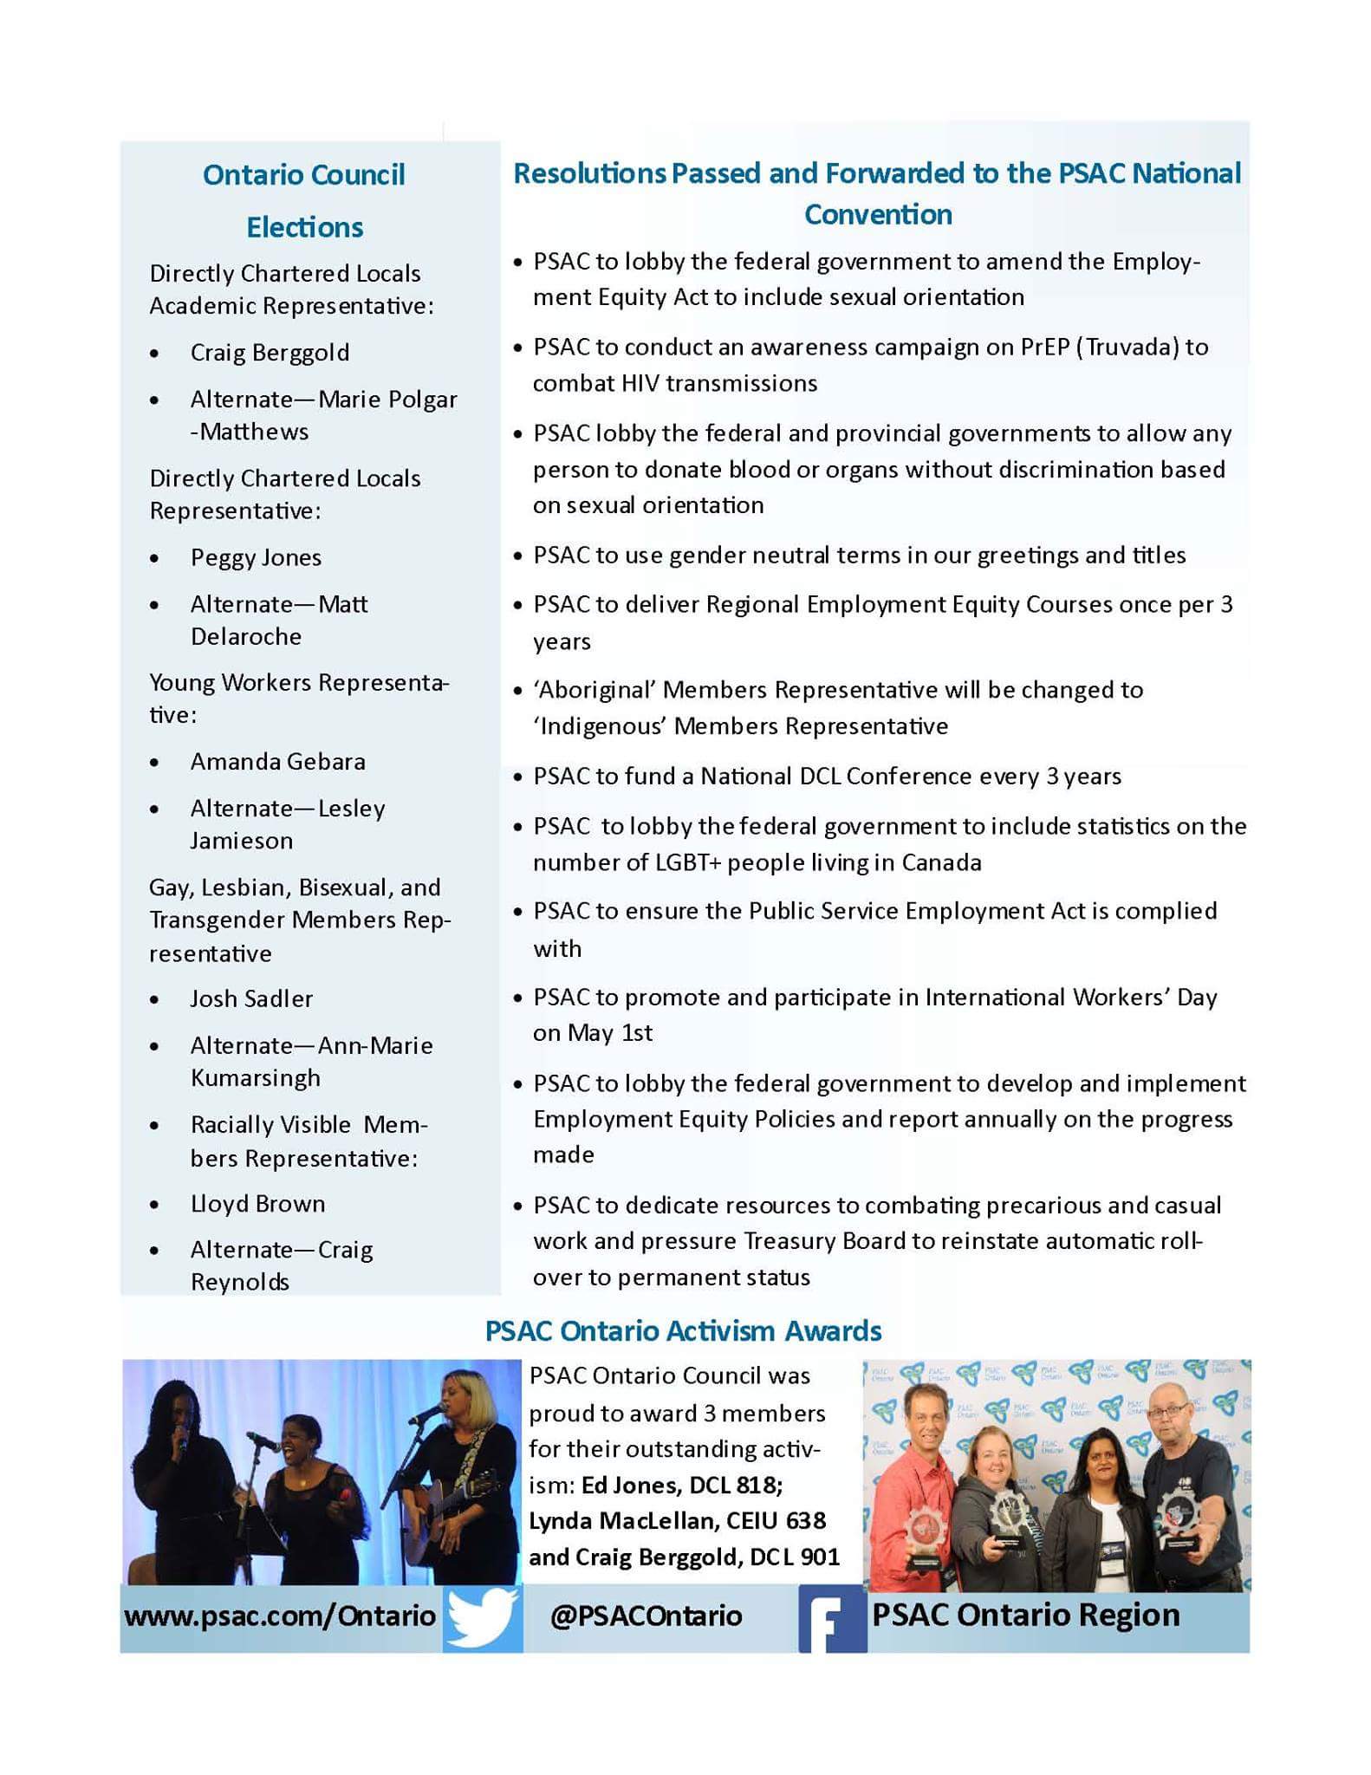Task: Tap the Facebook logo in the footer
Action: point(832,1617)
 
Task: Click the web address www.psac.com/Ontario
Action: point(280,1616)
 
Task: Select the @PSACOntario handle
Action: point(646,1616)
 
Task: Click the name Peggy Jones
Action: point(256,557)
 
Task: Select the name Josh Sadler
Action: point(251,998)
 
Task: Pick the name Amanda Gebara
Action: point(277,761)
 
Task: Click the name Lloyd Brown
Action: point(257,1203)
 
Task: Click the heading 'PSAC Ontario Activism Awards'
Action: point(683,1330)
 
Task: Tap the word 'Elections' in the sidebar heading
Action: point(304,227)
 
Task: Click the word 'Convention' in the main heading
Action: point(877,214)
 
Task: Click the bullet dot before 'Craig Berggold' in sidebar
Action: point(154,354)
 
